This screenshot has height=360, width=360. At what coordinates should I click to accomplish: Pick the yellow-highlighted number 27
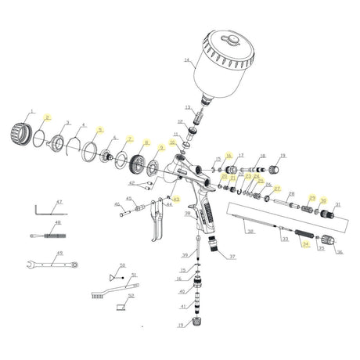coord(276,189)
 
